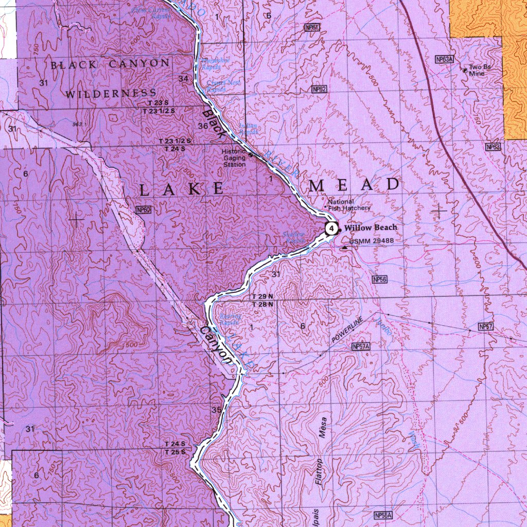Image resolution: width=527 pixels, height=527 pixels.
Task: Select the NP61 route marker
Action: pyautogui.click(x=312, y=27)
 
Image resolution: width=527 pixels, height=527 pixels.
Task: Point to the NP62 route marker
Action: pyautogui.click(x=319, y=90)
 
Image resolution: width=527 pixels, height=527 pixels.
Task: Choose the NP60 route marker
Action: pyautogui.click(x=143, y=209)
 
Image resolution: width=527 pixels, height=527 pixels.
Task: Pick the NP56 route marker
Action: pyautogui.click(x=379, y=279)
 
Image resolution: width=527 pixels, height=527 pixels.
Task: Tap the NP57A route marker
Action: pyautogui.click(x=361, y=347)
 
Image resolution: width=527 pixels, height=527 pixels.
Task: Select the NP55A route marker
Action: pyautogui.click(x=383, y=515)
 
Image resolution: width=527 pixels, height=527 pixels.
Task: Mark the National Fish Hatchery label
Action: pyautogui.click(x=349, y=205)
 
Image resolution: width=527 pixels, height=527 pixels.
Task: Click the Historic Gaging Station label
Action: pyautogui.click(x=234, y=158)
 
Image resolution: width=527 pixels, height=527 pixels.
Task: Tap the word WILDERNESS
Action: pyautogui.click(x=111, y=94)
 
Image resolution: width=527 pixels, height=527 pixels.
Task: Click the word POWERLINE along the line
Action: pyautogui.click(x=347, y=330)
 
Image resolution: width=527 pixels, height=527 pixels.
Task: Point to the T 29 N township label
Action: pyautogui.click(x=262, y=297)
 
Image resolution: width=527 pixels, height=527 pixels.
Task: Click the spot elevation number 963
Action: pyautogui.click(x=77, y=125)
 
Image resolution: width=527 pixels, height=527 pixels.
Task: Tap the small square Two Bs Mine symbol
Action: pyautogui.click(x=465, y=70)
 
